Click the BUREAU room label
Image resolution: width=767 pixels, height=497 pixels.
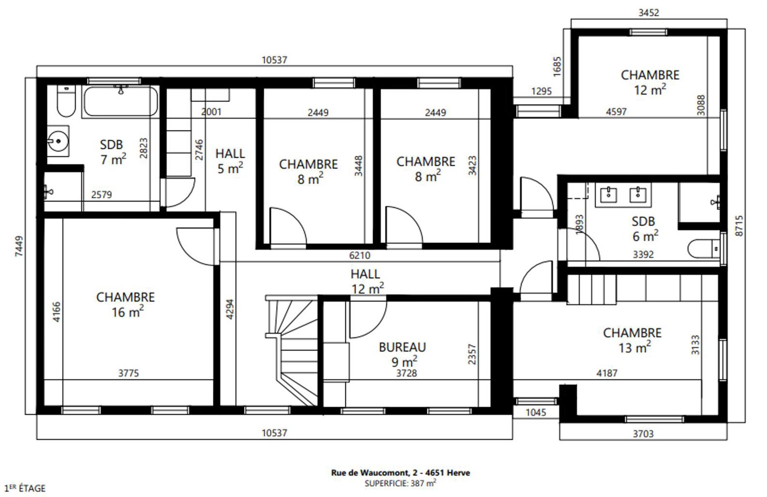point(402,347)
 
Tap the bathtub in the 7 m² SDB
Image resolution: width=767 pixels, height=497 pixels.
point(120,101)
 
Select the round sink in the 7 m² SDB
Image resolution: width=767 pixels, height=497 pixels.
point(58,141)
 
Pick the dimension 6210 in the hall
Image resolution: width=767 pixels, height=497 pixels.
point(359,256)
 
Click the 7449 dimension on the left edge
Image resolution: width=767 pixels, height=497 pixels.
point(19,246)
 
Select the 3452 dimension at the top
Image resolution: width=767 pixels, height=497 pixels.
point(649,13)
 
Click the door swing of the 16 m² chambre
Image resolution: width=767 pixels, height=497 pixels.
point(196,246)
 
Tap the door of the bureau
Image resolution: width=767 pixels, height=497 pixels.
point(368,318)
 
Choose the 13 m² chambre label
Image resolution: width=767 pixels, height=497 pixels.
point(632,340)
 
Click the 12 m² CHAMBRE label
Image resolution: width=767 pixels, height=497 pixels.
point(650,82)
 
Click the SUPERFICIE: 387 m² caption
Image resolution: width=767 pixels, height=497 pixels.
point(400,483)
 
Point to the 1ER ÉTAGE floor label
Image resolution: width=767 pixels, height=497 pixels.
point(25,488)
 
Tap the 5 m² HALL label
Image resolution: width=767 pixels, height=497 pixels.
point(230,161)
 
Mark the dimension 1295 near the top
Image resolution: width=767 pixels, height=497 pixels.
point(542,91)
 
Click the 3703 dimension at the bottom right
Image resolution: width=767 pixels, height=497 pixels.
point(643,434)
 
